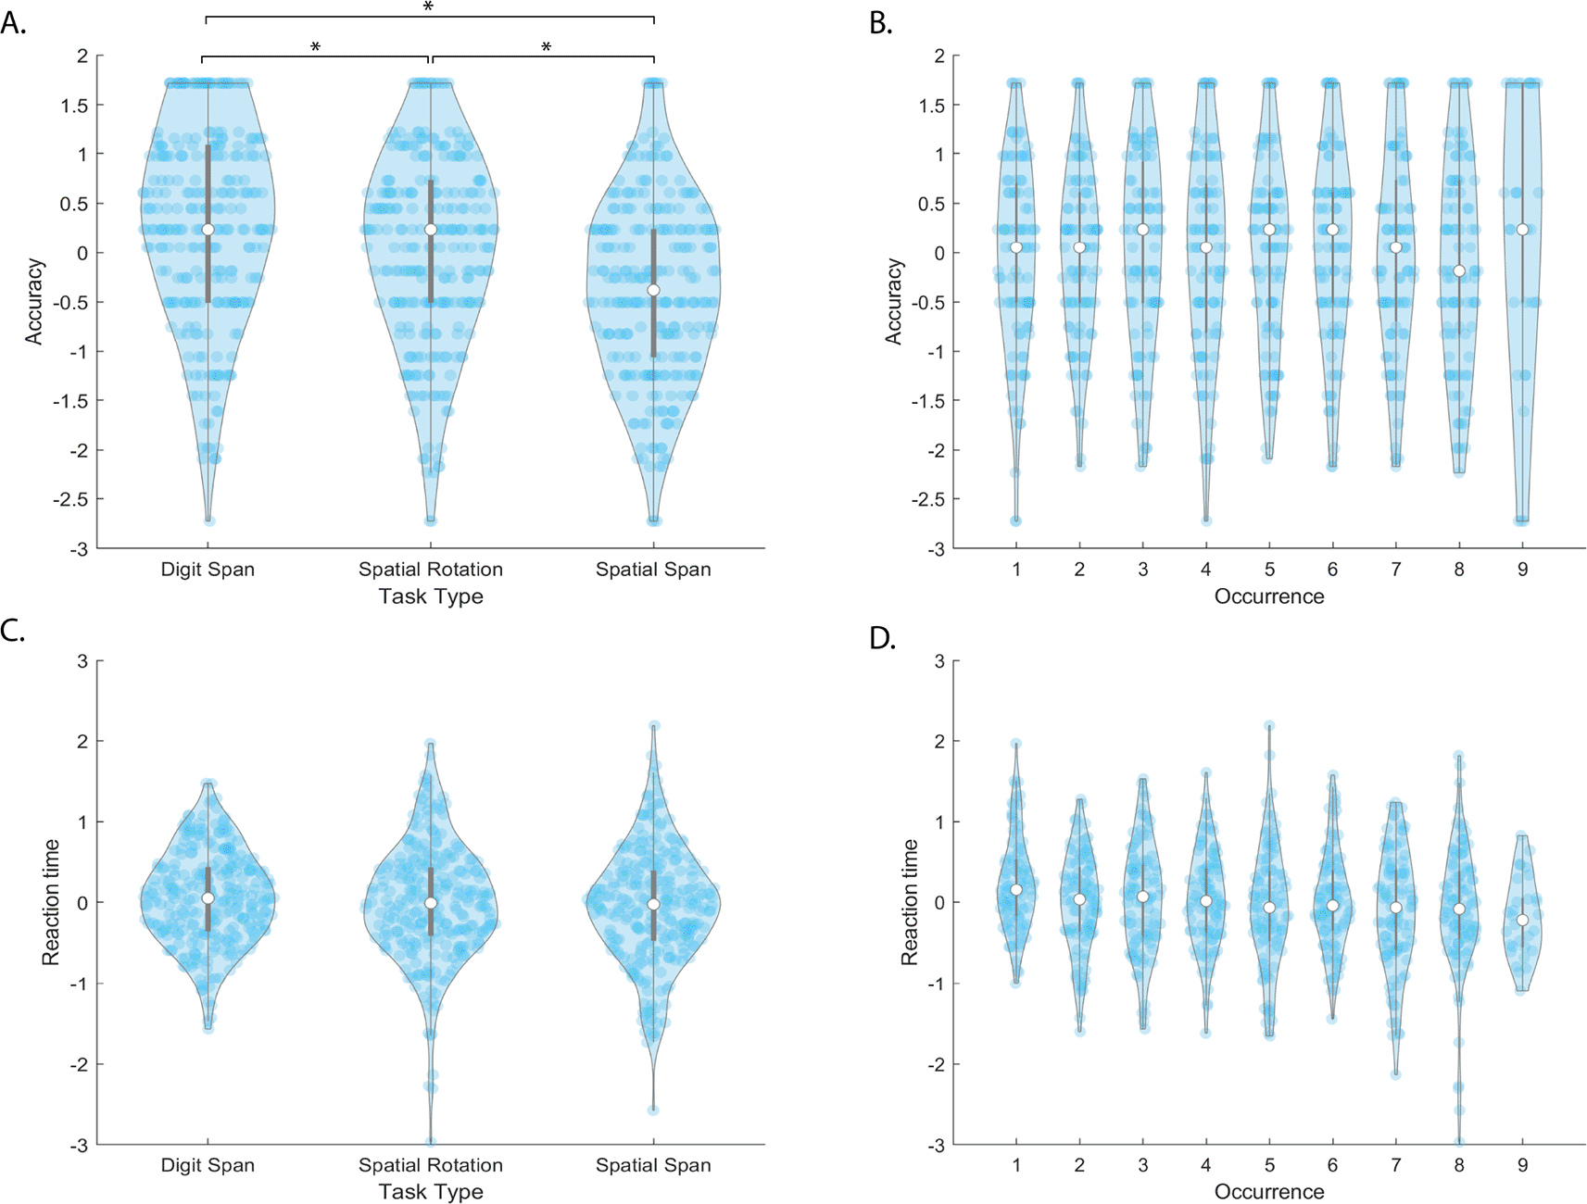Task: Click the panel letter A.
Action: [x=13, y=23]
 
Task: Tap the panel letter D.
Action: [x=881, y=638]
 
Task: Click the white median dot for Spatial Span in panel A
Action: [x=653, y=290]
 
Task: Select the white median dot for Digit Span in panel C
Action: [x=208, y=898]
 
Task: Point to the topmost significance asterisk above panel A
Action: [x=428, y=7]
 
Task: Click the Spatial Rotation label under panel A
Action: [x=430, y=570]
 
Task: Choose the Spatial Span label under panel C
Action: [x=653, y=1165]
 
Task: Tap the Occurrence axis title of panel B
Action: [x=1268, y=596]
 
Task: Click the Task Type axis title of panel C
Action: [x=430, y=1192]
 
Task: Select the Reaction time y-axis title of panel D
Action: [x=910, y=902]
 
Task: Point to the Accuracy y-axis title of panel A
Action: [x=34, y=302]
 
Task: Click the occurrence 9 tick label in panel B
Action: [x=1522, y=570]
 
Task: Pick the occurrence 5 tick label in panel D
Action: [x=1269, y=1165]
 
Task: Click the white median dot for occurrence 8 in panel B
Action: [x=1459, y=270]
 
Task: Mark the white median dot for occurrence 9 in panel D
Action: [x=1522, y=920]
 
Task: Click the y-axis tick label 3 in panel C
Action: [x=82, y=661]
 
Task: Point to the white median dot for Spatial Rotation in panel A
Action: [x=430, y=230]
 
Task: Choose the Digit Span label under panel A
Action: [x=208, y=570]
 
